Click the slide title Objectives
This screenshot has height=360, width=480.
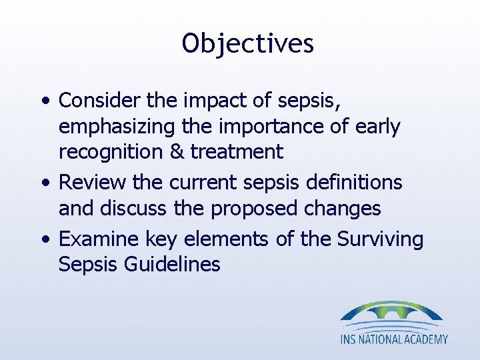point(247,44)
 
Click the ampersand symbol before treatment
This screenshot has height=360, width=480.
point(175,152)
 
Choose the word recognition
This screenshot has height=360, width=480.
point(107,153)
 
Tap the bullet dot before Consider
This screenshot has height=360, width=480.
point(44,101)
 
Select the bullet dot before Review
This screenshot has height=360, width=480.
point(44,183)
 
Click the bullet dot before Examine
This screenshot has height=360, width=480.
point(44,239)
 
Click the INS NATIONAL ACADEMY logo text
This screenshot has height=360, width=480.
point(394,339)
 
